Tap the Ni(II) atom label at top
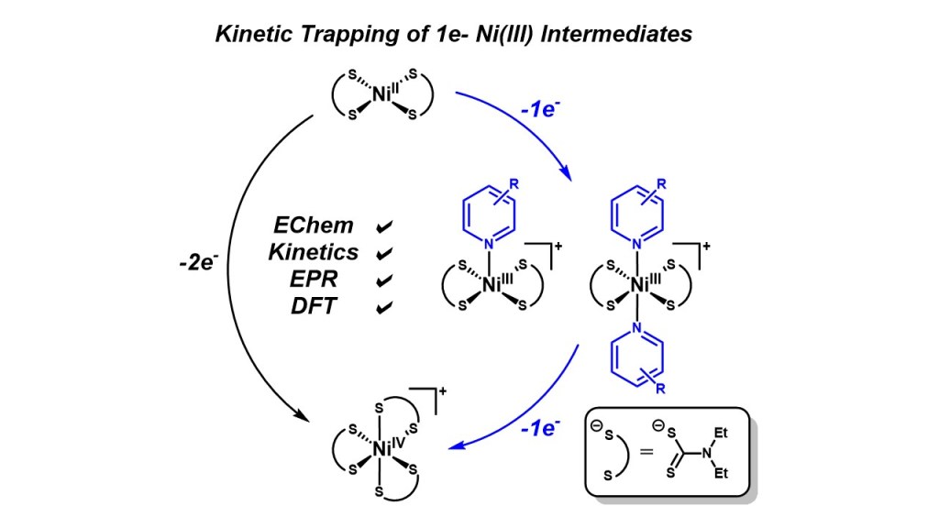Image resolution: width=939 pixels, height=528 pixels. click(x=383, y=93)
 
